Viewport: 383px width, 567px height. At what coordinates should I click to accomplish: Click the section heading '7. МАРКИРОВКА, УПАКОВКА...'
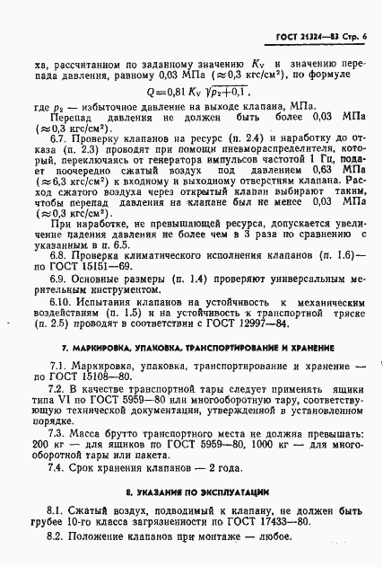pyautogui.click(x=193, y=348)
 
